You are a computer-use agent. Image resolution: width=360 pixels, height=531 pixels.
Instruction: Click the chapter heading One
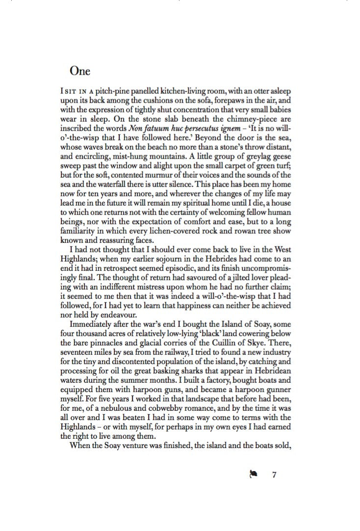[x=80, y=71]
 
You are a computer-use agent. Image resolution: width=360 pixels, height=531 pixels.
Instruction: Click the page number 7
[x=275, y=475]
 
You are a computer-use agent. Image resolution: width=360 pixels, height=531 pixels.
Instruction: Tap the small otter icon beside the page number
[x=254, y=475]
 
